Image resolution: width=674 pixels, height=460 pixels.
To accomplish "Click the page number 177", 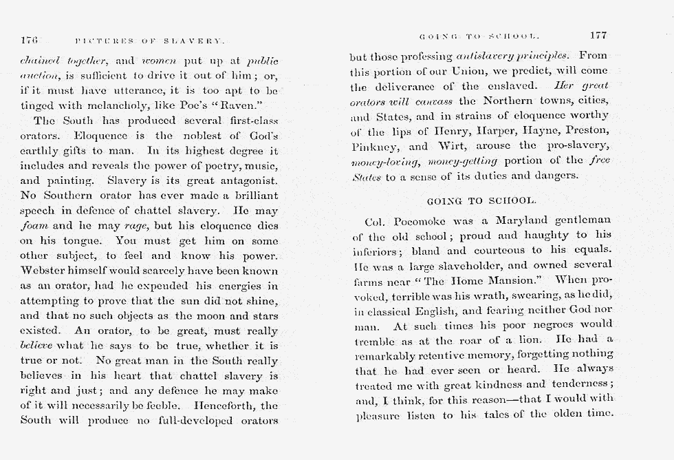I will click(x=598, y=35).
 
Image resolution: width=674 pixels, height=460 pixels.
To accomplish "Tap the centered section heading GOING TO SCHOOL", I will click(x=481, y=201).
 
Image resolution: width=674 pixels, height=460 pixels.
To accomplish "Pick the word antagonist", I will click(x=246, y=180).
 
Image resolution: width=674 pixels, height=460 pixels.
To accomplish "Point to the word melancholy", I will click(x=98, y=105).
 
